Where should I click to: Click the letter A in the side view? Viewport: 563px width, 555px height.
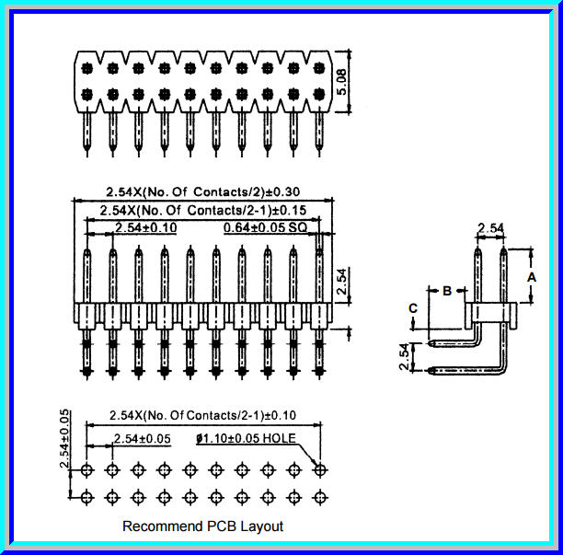click(531, 274)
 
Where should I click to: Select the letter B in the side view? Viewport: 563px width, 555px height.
click(447, 291)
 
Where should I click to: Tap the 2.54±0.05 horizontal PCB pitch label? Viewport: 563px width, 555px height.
click(142, 439)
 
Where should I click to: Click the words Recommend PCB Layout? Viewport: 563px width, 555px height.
click(202, 526)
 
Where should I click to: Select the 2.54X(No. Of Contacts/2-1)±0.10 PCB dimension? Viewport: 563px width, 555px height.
click(202, 415)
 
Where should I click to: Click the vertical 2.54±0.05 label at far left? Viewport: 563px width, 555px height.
click(65, 439)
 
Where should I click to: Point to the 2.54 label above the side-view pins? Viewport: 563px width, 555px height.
click(490, 227)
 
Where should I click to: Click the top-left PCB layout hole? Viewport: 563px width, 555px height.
click(86, 470)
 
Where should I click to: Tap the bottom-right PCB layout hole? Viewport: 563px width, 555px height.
click(319, 498)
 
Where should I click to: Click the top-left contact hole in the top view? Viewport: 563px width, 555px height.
click(86, 67)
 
